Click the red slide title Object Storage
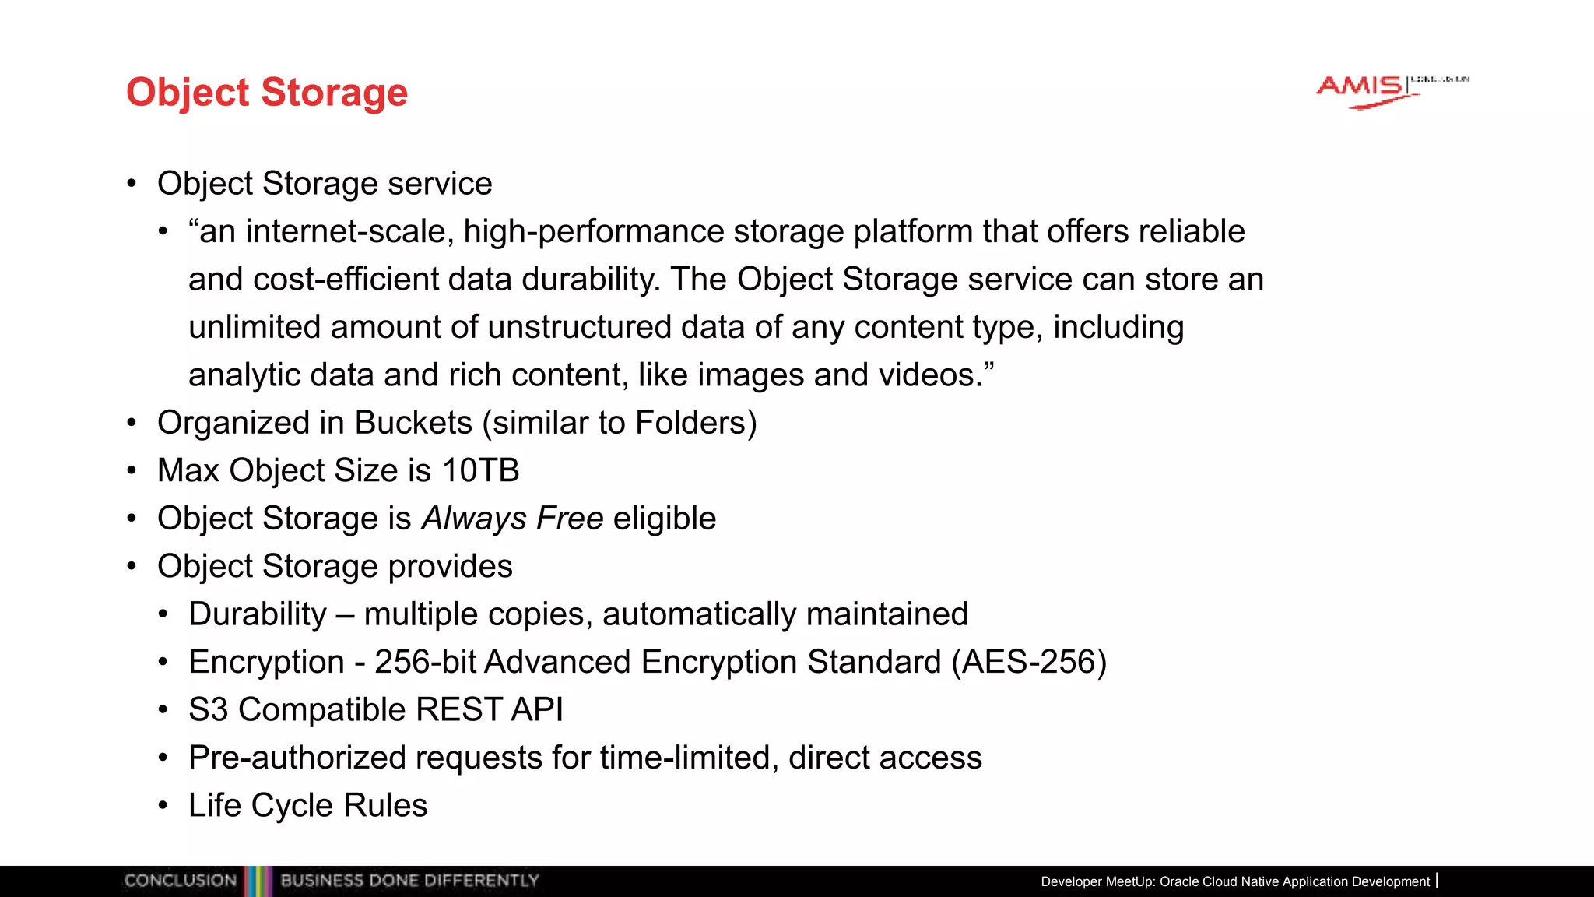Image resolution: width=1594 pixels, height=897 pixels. pos(267,93)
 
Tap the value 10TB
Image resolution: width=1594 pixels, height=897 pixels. pos(480,471)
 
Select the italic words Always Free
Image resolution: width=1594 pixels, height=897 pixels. pos(512,519)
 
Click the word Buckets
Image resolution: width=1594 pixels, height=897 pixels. pos(413,423)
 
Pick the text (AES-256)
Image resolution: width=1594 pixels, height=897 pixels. pos(1028,662)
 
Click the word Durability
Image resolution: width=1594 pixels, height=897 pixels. pos(258,614)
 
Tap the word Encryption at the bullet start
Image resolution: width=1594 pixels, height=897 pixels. pos(266,662)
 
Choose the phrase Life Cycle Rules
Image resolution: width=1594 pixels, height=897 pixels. pos(307,806)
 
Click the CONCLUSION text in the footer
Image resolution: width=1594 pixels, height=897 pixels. pos(180,881)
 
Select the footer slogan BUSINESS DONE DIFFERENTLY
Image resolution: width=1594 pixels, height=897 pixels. pos(409,881)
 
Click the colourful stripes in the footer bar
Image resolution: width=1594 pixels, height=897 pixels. pos(258,881)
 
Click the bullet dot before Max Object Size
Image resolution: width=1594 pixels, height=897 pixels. pos(132,471)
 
